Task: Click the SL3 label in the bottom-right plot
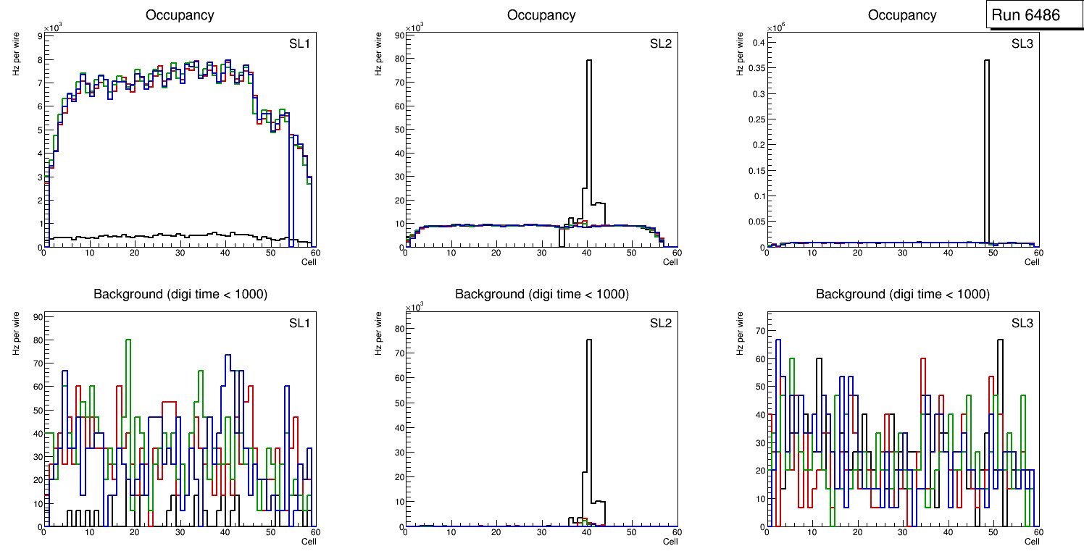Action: [x=1022, y=322]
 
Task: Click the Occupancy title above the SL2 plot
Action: [x=541, y=15]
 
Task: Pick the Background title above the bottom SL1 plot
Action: [x=180, y=294]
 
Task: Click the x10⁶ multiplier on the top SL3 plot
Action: [x=777, y=28]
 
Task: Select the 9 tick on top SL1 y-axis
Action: [x=38, y=35]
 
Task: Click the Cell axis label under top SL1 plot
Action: [x=309, y=262]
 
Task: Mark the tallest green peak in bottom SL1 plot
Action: [x=128, y=340]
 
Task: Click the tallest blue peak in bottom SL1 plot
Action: [x=228, y=356]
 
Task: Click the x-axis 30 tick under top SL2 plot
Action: [x=541, y=253]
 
